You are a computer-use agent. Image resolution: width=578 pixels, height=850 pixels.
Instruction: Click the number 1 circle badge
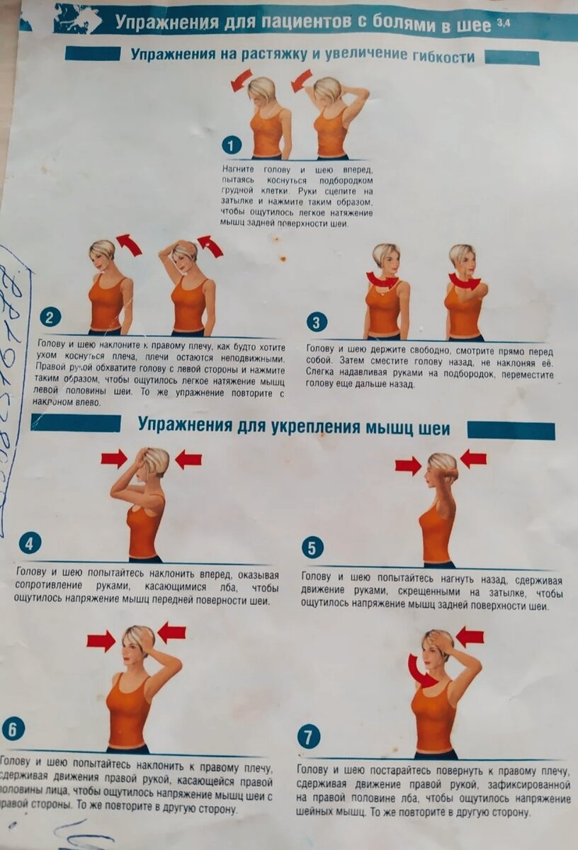click(x=232, y=145)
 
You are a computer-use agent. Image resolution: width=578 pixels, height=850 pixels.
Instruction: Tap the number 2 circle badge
click(x=49, y=317)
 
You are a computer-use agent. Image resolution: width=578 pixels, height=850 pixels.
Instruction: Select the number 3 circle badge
click(x=317, y=322)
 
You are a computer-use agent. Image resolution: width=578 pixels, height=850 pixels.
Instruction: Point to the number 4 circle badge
click(x=30, y=543)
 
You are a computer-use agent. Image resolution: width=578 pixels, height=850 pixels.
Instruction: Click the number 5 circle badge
click(x=312, y=548)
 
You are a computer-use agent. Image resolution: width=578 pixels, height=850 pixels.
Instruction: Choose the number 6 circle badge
click(x=13, y=729)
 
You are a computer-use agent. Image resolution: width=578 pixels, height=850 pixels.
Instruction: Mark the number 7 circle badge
click(x=309, y=737)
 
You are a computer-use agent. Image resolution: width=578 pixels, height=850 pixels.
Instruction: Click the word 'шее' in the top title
click(x=475, y=25)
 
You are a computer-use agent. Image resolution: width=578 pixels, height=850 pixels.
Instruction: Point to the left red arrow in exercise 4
click(x=113, y=458)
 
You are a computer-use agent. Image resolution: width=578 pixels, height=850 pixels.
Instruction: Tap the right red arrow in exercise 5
click(x=473, y=459)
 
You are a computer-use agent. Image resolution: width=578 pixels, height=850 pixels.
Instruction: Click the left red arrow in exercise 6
click(x=101, y=641)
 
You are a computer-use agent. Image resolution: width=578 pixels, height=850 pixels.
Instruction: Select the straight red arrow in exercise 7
click(x=470, y=636)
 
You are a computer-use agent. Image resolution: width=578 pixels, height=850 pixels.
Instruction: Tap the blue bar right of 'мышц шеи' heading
click(x=510, y=430)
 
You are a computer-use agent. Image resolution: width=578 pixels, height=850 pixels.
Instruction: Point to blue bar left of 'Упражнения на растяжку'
click(x=92, y=54)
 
